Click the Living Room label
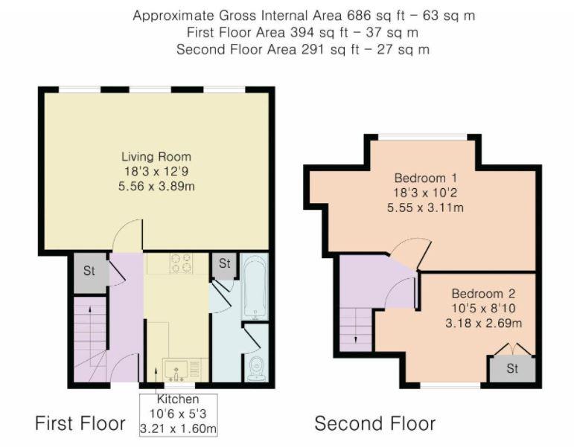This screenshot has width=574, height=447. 156,157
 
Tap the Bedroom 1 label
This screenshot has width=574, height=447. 425,179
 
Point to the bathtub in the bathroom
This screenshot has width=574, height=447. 255,287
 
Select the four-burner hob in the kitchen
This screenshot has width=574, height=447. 179,263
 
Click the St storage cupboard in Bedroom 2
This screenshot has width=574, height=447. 511,368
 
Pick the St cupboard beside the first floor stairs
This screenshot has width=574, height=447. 89,271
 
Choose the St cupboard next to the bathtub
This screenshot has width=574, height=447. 224,264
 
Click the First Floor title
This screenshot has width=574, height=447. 80,424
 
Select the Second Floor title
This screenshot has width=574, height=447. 374,424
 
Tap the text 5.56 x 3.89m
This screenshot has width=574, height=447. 156,185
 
